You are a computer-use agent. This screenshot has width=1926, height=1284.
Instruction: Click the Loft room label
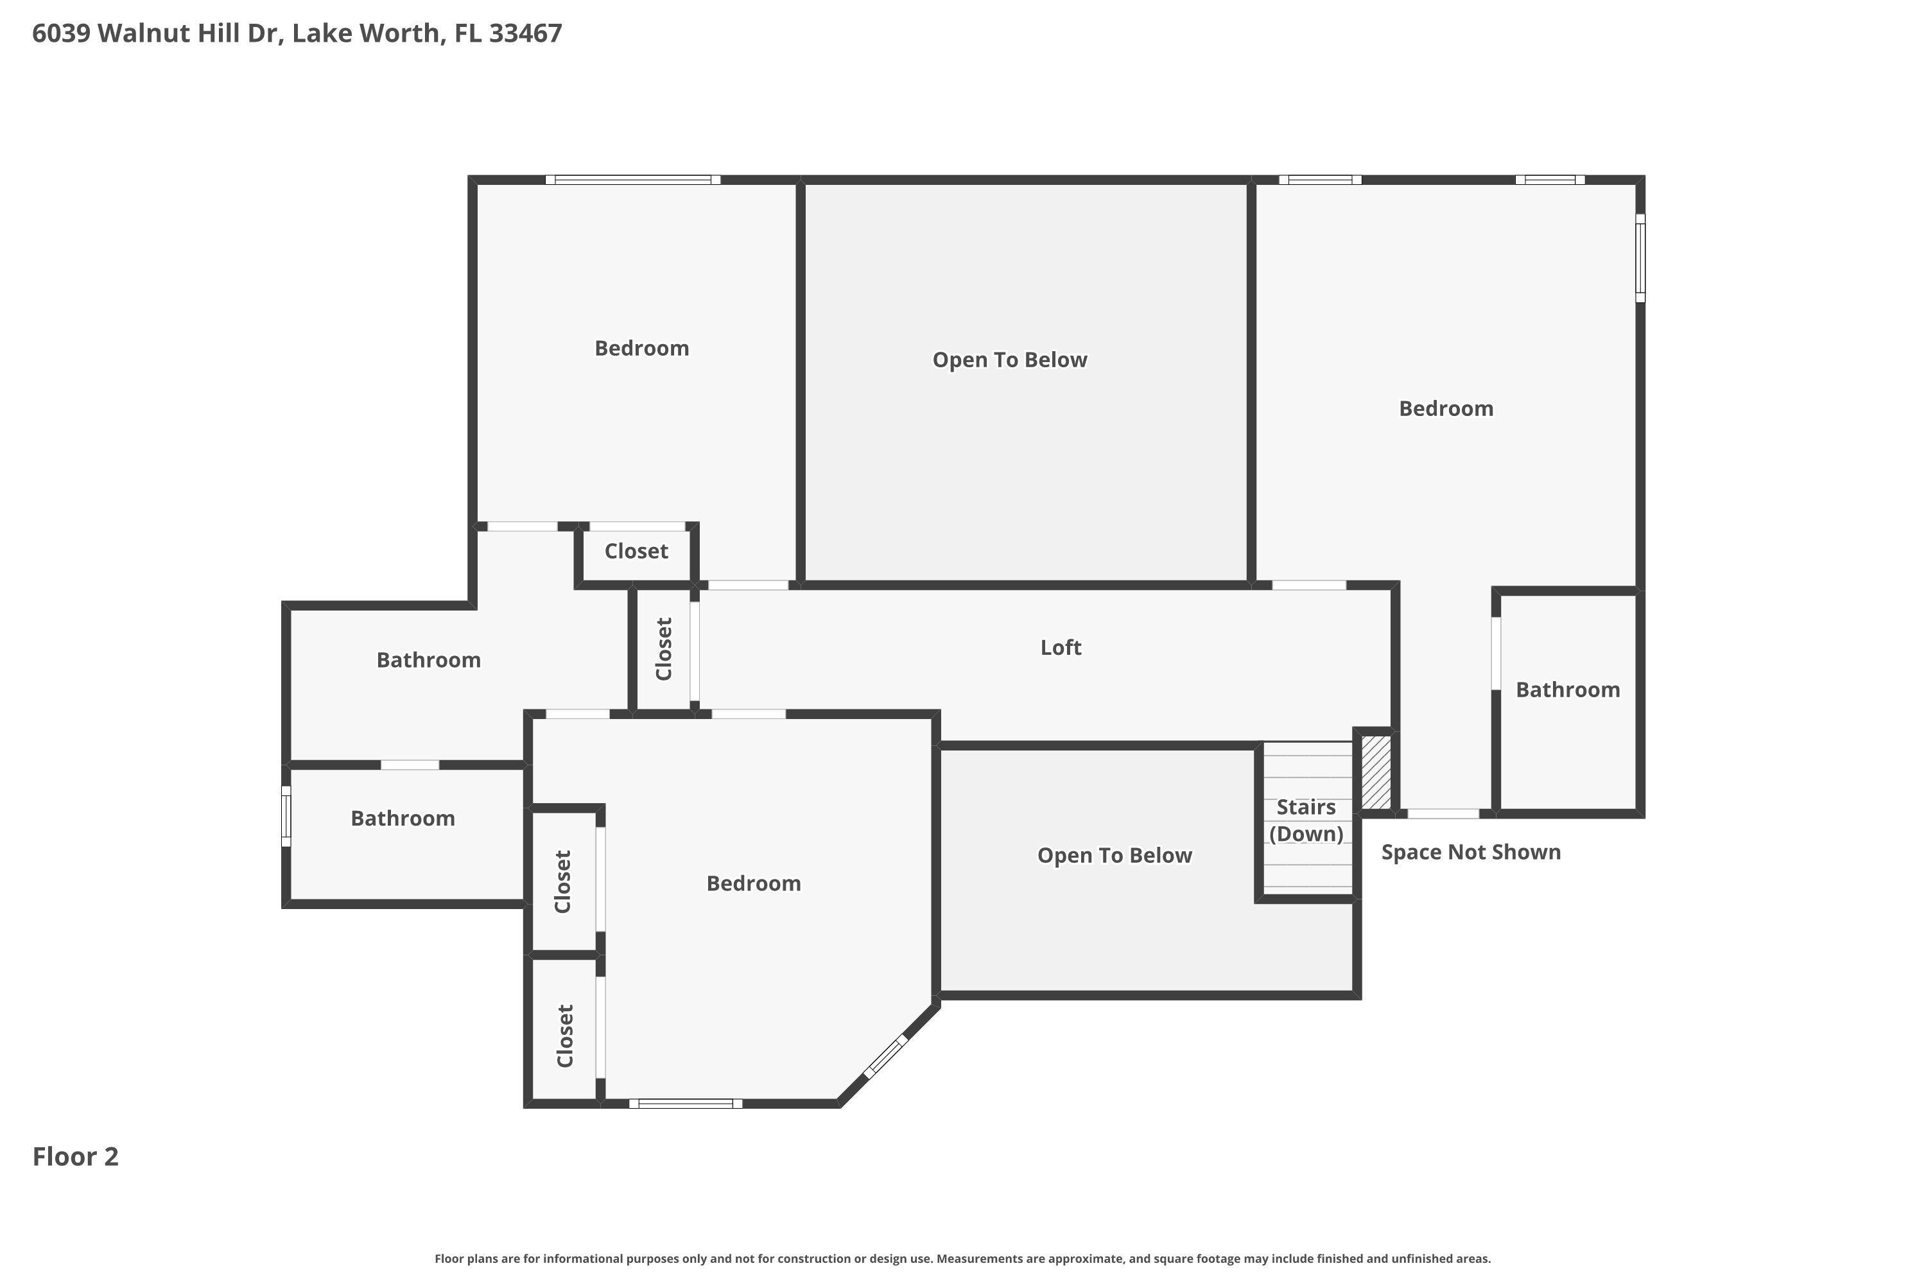(1061, 648)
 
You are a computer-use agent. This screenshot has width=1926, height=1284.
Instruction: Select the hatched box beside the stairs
(1376, 772)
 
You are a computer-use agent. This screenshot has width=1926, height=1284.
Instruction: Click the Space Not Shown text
(1471, 853)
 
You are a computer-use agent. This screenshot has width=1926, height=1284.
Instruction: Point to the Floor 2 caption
(75, 1157)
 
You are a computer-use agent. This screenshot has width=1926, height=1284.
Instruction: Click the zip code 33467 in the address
(526, 33)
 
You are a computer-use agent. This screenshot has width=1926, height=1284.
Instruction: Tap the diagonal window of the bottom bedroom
(886, 1055)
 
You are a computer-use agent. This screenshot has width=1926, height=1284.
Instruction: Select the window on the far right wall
(1640, 258)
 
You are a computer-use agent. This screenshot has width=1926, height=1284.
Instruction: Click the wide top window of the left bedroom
(633, 179)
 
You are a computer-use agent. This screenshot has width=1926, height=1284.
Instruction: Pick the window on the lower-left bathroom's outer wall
(286, 817)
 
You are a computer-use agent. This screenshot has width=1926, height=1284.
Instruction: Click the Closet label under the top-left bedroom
(636, 551)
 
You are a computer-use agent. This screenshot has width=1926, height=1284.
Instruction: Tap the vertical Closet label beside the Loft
(664, 648)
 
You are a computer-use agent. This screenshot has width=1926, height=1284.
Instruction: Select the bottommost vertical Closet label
(564, 1036)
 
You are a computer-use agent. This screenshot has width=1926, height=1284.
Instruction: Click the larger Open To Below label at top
(1010, 360)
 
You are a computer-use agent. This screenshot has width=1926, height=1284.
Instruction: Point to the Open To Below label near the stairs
(1115, 856)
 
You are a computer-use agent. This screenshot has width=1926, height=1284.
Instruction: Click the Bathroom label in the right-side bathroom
(1567, 690)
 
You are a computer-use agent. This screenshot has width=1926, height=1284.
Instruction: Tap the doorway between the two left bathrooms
(410, 765)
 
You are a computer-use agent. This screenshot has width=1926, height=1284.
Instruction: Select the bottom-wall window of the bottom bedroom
(686, 1104)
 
